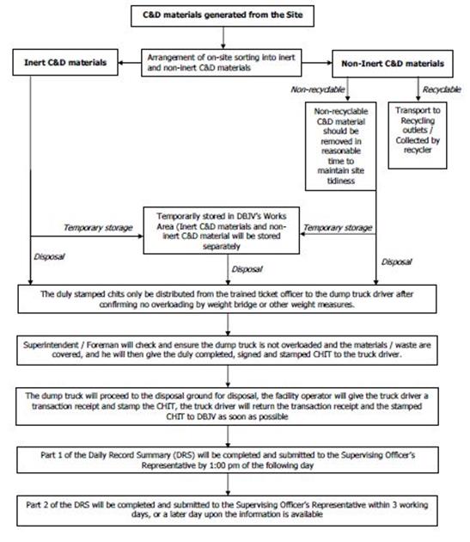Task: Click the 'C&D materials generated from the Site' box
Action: click(x=223, y=15)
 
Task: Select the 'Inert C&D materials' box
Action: click(x=65, y=62)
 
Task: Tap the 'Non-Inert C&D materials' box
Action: click(x=393, y=64)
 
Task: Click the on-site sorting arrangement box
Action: click(x=222, y=63)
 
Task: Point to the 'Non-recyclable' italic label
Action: click(x=318, y=89)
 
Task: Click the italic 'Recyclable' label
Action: click(x=442, y=89)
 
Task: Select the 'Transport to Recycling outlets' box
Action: click(x=418, y=135)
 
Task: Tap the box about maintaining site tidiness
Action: click(x=340, y=146)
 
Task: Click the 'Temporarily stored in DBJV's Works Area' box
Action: click(x=222, y=231)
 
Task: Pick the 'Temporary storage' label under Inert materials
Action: click(x=98, y=227)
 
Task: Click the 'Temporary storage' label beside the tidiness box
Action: click(x=338, y=227)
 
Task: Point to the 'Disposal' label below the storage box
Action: click(x=247, y=269)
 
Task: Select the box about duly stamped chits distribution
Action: click(x=227, y=299)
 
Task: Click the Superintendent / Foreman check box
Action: click(x=227, y=350)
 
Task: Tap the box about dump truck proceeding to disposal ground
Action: click(x=227, y=406)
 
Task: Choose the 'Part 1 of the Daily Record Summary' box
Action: click(x=228, y=459)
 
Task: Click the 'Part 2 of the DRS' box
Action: click(x=227, y=510)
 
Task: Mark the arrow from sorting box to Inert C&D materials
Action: click(x=130, y=63)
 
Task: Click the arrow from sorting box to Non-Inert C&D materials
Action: click(x=317, y=63)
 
